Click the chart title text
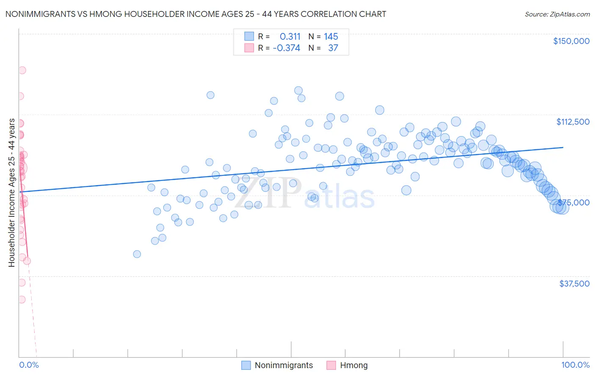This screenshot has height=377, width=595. pos(196,14)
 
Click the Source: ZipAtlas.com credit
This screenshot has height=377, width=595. pos(557,14)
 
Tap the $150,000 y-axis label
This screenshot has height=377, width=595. pos(571,41)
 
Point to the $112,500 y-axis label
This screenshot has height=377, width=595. pos(573,122)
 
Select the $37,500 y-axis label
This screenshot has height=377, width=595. pos(574,284)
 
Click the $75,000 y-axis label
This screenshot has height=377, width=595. pos(574,202)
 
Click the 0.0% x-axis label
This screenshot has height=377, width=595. pos(29,365)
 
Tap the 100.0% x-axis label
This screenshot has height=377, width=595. pos(575,365)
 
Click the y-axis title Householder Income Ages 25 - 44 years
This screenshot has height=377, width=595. pos(11,192)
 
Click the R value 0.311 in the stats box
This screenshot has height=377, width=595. pos(290,37)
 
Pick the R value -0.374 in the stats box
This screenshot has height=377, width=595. pos(286,48)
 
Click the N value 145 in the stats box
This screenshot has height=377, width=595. pos(331,37)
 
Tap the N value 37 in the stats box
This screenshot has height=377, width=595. pos(333,48)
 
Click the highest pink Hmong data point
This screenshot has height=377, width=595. pos(22,70)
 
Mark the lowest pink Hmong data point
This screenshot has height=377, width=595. pos(22,299)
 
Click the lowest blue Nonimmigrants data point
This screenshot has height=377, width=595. pos(137,254)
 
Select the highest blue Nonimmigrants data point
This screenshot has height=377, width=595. pos(298,90)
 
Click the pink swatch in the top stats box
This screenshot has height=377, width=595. pos(249,48)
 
